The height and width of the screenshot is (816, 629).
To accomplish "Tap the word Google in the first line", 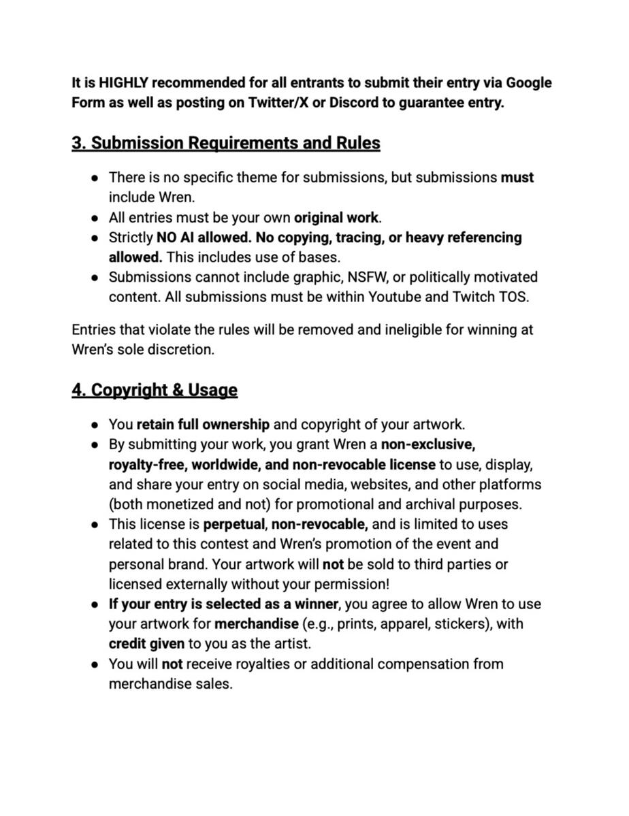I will (x=528, y=83).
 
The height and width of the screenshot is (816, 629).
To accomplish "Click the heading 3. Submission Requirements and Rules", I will (x=225, y=144).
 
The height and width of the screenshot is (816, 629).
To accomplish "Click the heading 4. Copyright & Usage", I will (x=155, y=390).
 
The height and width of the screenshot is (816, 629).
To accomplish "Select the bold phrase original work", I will (x=336, y=218).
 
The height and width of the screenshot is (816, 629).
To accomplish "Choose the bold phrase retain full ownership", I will (x=203, y=425).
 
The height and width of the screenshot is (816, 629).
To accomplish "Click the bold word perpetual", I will (x=235, y=525).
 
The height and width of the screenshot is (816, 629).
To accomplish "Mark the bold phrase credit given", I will (x=146, y=644).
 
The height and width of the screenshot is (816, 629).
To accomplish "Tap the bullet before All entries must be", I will (x=96, y=218).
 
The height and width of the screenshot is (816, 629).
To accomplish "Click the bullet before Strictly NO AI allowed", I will (x=96, y=238).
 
